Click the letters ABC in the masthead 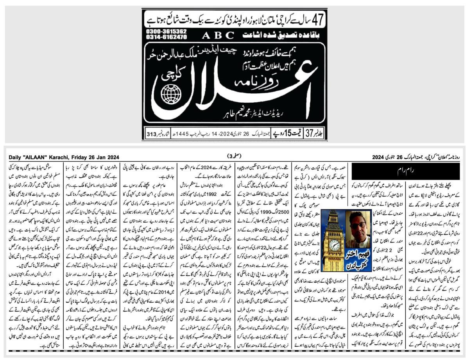tap(218, 35)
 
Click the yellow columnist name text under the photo tap(358, 253)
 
